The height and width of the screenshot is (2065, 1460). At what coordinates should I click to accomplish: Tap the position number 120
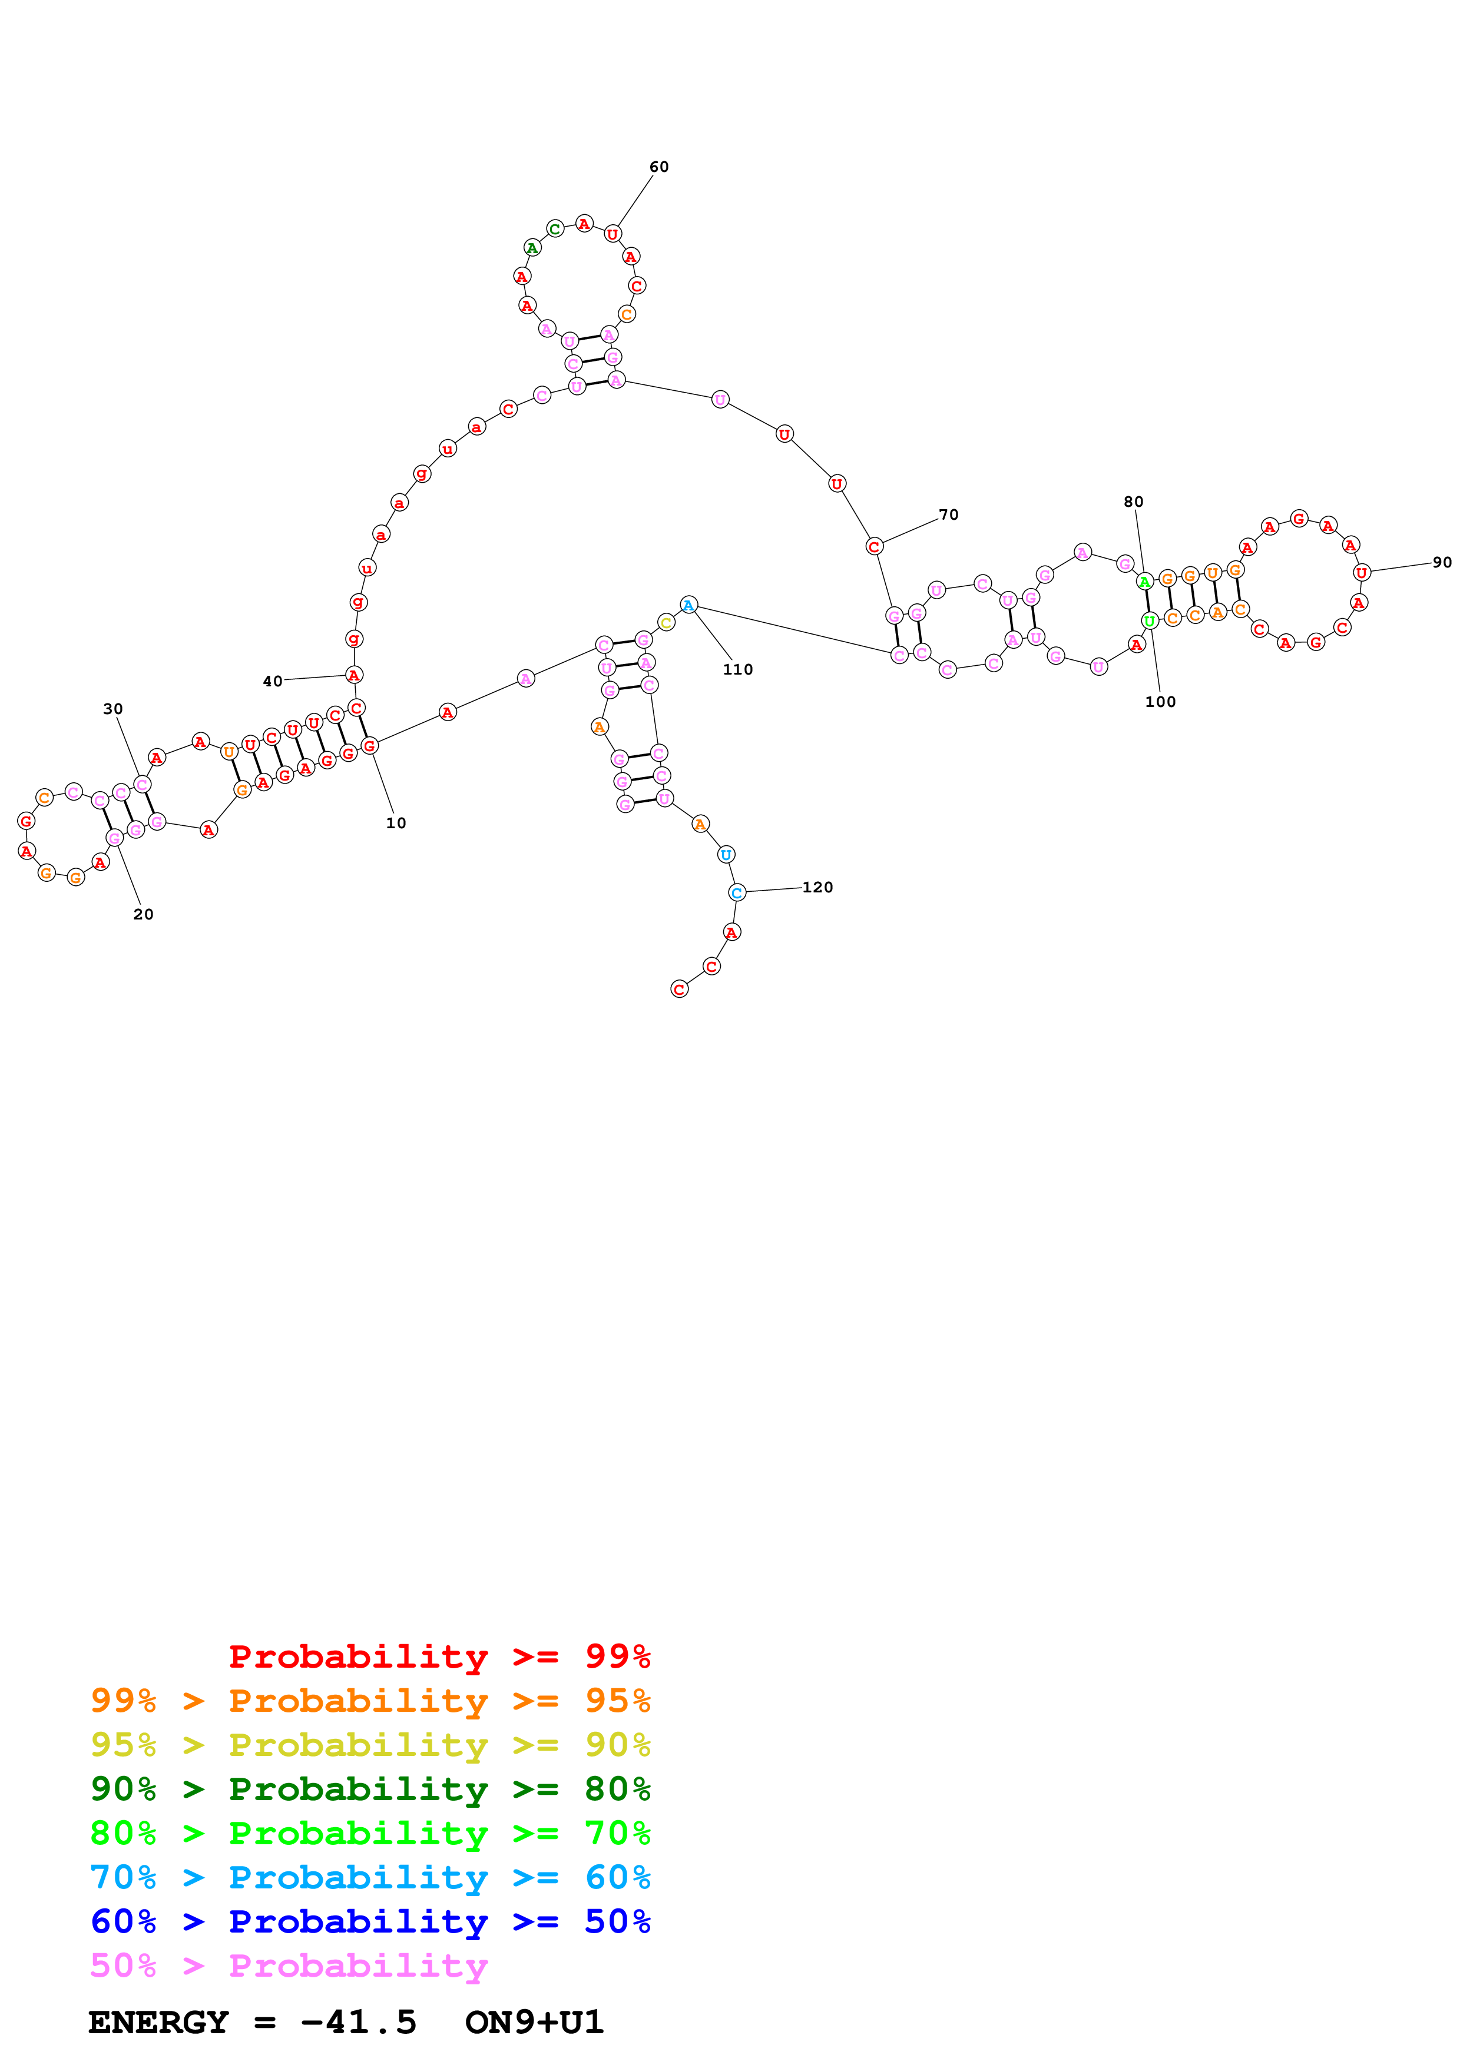click(817, 887)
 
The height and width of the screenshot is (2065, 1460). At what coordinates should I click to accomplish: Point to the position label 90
click(1442, 562)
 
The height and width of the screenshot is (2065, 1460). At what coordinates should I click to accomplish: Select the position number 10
click(396, 823)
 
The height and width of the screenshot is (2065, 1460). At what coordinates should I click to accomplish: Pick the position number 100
click(1160, 702)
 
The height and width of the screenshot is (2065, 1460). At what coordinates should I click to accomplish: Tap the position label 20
click(143, 914)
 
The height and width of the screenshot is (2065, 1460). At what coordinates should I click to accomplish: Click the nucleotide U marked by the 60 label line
click(612, 234)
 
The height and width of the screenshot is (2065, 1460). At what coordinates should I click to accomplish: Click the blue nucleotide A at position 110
click(688, 605)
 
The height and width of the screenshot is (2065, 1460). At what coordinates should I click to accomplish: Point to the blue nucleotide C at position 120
click(737, 892)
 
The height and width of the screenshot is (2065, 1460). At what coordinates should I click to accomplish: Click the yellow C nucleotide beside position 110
click(666, 622)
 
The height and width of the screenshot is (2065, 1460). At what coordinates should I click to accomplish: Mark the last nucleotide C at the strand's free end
click(679, 990)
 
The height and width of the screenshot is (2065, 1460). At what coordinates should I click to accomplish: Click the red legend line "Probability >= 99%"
click(439, 1656)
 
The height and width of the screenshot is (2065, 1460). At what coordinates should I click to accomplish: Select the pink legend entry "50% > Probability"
click(289, 1966)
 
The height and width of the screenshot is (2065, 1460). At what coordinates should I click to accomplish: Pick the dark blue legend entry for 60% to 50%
click(370, 1922)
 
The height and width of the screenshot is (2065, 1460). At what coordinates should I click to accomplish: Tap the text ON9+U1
click(534, 2023)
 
